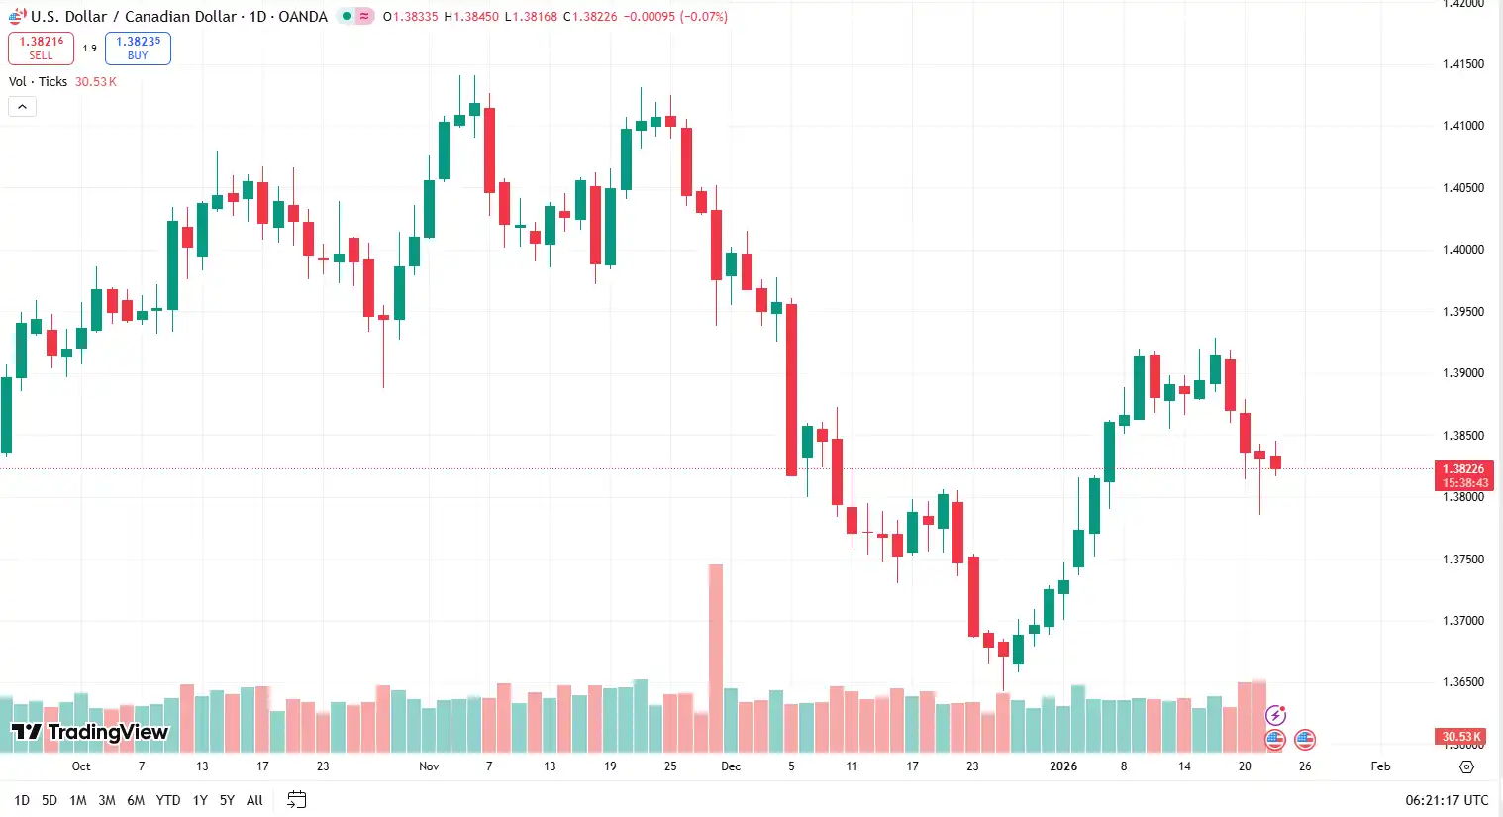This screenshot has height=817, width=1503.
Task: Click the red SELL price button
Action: click(41, 49)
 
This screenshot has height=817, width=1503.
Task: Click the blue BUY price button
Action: click(138, 49)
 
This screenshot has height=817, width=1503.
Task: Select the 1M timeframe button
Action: click(78, 800)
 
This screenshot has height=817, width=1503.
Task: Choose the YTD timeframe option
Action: click(168, 800)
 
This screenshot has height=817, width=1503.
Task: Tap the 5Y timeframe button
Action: click(227, 800)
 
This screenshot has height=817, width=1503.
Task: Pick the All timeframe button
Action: click(254, 800)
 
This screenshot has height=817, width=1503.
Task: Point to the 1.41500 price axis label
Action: click(1462, 64)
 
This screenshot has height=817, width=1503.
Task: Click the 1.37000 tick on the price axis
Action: click(1462, 621)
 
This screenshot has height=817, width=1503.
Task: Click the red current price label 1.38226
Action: click(1462, 469)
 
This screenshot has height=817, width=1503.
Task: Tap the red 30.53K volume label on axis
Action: click(1460, 737)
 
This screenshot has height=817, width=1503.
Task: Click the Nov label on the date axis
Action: click(429, 766)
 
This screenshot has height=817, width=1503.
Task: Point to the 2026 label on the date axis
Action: click(1063, 766)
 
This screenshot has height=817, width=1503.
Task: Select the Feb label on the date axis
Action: click(1380, 766)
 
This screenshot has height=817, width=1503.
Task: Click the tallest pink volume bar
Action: click(715, 654)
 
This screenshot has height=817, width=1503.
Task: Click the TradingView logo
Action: click(90, 732)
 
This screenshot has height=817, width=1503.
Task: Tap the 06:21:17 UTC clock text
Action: click(1446, 800)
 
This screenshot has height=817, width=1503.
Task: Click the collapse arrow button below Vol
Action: click(22, 107)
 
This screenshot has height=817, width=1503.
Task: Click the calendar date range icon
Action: click(296, 800)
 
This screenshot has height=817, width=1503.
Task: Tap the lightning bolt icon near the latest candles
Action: click(1276, 715)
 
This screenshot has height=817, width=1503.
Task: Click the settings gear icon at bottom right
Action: click(1466, 766)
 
